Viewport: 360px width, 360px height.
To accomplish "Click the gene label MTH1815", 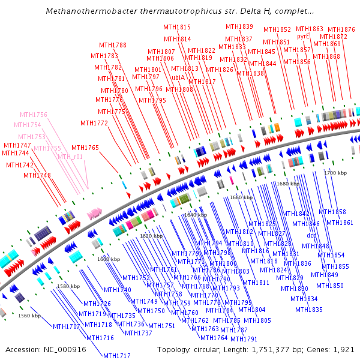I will point(177,28).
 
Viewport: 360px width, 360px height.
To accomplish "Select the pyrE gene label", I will point(303,36).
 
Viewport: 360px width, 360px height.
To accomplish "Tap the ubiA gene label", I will point(178,78).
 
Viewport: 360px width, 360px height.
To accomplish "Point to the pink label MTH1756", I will point(34,115).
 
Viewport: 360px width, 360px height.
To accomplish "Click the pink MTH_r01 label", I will point(70,157).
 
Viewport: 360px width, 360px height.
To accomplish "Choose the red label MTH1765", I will point(85,148).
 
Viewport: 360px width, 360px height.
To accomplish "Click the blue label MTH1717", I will point(116,356).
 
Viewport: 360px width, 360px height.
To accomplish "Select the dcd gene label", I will point(311,235).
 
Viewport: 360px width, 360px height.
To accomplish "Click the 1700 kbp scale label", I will point(335,173).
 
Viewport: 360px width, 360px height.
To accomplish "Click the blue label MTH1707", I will point(67,327).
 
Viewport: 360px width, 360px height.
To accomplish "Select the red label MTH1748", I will point(37,175).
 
